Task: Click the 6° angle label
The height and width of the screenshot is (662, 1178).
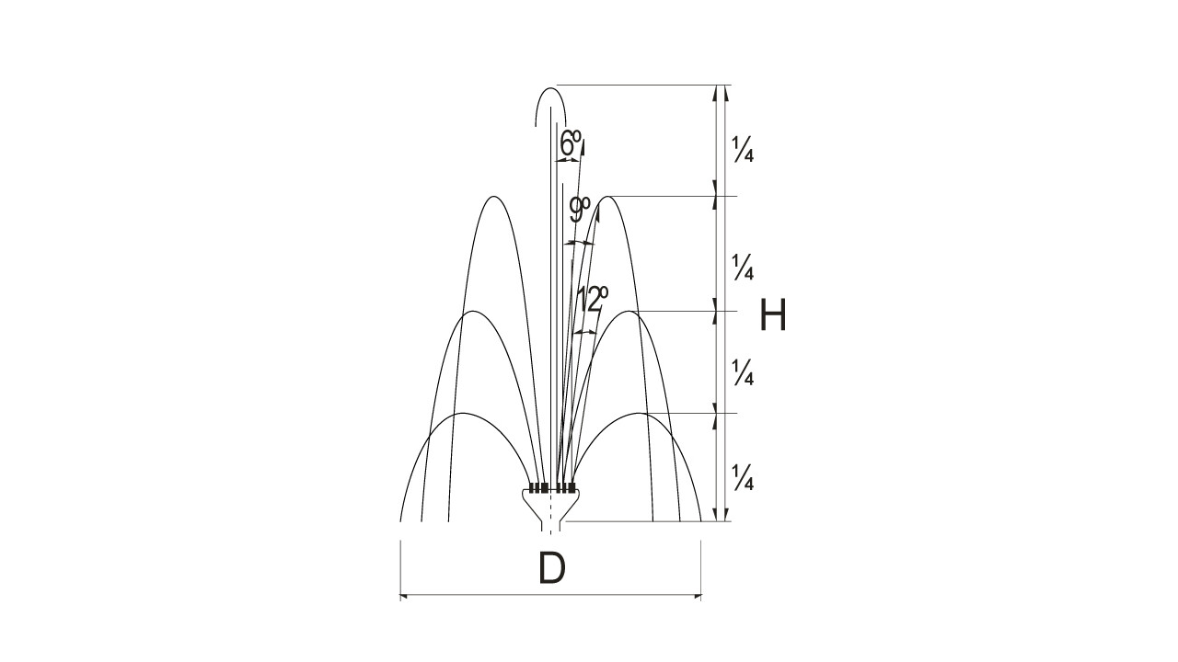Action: (x=570, y=143)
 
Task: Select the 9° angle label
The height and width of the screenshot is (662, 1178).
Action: (x=580, y=210)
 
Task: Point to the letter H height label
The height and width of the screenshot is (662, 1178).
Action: (x=773, y=314)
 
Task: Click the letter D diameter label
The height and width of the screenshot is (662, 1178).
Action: (x=552, y=568)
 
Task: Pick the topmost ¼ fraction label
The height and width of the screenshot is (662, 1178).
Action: (x=743, y=149)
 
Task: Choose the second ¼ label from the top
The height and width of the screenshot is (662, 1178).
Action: (x=743, y=267)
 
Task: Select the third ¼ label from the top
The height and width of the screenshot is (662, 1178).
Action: (x=743, y=372)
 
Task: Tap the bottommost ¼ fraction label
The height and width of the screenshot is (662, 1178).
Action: (x=743, y=477)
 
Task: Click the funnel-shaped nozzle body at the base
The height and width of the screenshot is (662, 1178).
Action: (x=550, y=508)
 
